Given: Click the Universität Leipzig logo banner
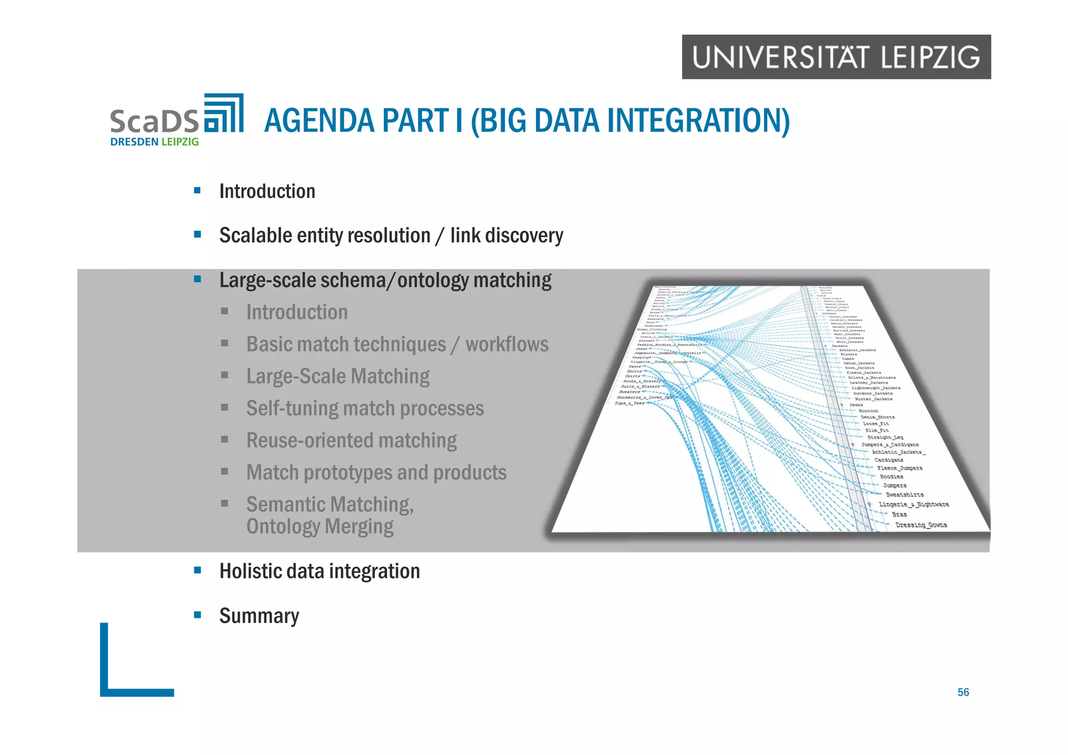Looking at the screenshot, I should click(836, 57).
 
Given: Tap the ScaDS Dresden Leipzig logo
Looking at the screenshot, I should click(176, 120).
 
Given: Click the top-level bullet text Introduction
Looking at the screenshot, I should click(267, 191).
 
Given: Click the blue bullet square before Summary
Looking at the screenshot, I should click(197, 615).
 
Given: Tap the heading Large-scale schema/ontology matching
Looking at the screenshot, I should click(385, 281).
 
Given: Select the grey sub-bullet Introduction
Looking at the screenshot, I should click(297, 312).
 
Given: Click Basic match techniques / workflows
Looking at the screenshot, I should click(397, 345).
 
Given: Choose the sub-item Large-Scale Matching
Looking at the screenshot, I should click(337, 376).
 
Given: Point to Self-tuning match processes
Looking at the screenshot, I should click(365, 409).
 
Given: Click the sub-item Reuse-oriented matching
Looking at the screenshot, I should click(351, 441).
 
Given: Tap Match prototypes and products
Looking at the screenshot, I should click(376, 473).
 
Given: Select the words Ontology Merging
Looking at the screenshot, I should click(320, 527).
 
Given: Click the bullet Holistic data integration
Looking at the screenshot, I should click(319, 571).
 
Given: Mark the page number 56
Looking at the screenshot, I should click(963, 692).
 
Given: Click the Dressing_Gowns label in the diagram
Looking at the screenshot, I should click(921, 525).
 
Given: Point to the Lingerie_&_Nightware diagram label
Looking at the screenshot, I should click(914, 504).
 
